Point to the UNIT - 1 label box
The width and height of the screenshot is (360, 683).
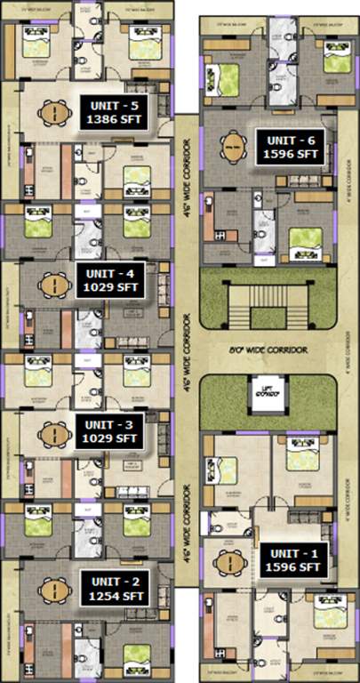pyautogui.click(x=291, y=558)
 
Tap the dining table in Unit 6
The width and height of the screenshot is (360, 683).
pyautogui.click(x=233, y=145)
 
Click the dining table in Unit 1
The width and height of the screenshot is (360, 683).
pyautogui.click(x=228, y=562)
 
